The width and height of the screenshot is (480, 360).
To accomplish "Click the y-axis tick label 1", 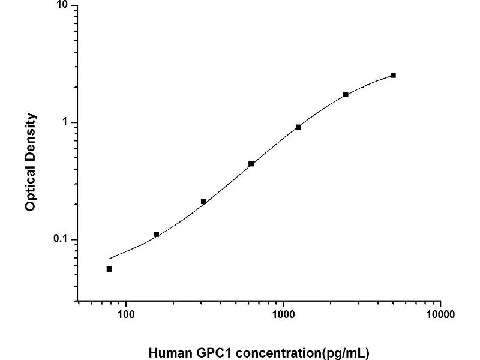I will point(67,122).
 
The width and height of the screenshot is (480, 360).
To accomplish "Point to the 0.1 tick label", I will point(62,239).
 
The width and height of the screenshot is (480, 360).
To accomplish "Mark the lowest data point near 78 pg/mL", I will point(109,269).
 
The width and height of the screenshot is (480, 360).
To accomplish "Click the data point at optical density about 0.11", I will point(156,234).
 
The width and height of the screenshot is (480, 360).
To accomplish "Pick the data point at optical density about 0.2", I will point(203,202).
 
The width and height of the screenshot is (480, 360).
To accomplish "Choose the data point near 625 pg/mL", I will point(251,164).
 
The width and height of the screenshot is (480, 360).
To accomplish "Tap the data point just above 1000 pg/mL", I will point(298,127).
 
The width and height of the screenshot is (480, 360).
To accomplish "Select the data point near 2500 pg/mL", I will point(346,94).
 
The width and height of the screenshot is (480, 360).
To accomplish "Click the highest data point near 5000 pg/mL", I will point(393,75).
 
